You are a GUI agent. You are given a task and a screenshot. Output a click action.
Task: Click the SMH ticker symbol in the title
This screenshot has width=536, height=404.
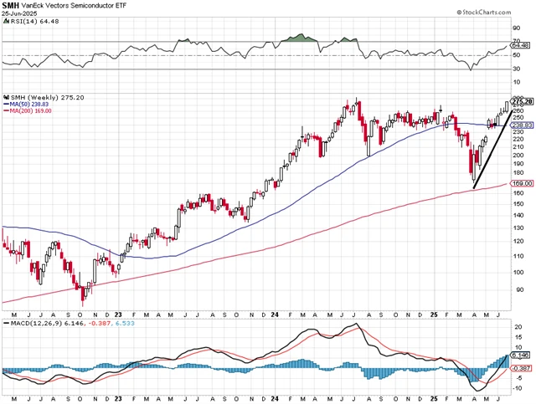click(12, 6)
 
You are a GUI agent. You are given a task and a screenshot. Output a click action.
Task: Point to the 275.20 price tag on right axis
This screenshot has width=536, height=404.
click(523, 102)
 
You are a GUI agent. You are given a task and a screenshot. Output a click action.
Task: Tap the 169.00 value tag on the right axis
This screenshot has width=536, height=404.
click(523, 182)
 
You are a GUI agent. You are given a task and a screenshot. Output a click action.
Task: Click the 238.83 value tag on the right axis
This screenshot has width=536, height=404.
click(523, 125)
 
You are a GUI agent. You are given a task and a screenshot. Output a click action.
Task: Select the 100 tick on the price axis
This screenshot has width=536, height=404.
click(518, 272)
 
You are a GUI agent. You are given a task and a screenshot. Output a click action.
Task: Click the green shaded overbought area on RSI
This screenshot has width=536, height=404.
click(301, 38)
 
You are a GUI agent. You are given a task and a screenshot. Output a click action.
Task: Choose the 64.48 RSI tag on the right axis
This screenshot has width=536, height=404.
click(523, 46)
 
